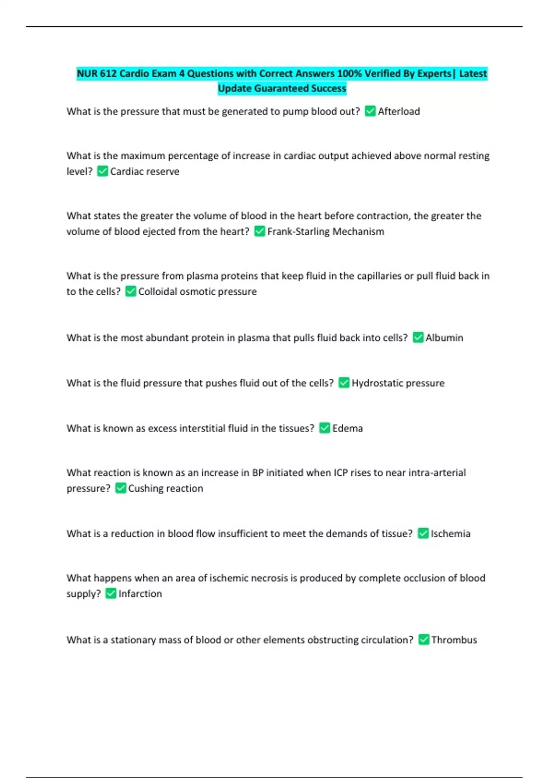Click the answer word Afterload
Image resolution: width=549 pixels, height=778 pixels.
pyautogui.click(x=398, y=112)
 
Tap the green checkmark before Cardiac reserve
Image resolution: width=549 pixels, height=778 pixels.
pyautogui.click(x=102, y=171)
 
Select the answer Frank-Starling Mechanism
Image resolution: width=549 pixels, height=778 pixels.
pyautogui.click(x=325, y=232)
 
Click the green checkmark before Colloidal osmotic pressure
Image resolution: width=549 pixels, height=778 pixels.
pyautogui.click(x=130, y=292)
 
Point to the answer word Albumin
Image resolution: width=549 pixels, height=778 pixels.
pyautogui.click(x=444, y=338)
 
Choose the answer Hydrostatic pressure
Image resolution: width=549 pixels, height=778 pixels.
pyautogui.click(x=398, y=383)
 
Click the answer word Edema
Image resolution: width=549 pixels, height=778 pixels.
pyautogui.click(x=347, y=428)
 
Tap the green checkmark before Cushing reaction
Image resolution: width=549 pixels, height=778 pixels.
pyautogui.click(x=120, y=488)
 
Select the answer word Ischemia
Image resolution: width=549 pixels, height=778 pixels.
pyautogui.click(x=450, y=534)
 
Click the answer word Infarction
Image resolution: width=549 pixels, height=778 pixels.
pyautogui.click(x=140, y=594)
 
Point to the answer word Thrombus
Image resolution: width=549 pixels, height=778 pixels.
pyautogui.click(x=454, y=640)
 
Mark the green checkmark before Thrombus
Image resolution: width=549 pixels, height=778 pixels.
pyautogui.click(x=424, y=639)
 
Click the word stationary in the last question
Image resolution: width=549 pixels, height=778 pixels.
pyautogui.click(x=133, y=640)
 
